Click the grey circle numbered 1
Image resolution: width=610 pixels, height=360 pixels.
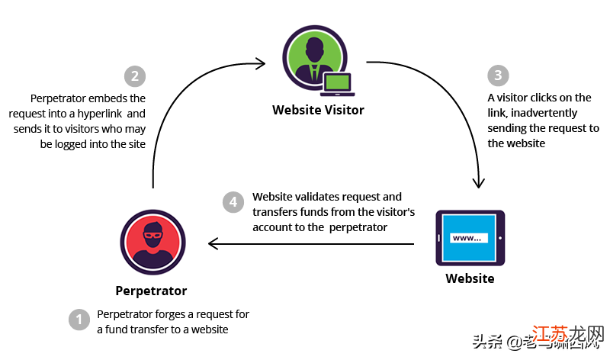[x=79, y=320]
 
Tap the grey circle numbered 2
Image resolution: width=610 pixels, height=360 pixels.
[x=135, y=76]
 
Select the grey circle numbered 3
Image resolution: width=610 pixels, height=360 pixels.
[x=498, y=75]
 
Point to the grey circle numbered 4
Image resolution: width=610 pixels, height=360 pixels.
[x=233, y=202]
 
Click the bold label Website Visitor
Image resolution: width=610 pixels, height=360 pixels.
[x=318, y=110]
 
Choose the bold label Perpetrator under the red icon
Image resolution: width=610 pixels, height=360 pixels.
[x=151, y=291]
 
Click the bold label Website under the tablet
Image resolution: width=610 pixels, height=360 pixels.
[x=470, y=278]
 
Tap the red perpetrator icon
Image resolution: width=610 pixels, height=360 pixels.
[x=153, y=243]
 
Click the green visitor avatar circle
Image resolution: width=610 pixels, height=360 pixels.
[x=315, y=58]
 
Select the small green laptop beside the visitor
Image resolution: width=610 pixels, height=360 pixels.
[x=337, y=85]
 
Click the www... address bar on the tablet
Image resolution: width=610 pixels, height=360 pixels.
[x=469, y=238]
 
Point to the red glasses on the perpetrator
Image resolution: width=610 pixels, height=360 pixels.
[x=153, y=235]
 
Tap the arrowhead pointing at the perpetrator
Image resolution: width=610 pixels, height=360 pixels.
[x=213, y=244]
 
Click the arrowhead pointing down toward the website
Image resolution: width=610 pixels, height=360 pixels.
[x=479, y=183]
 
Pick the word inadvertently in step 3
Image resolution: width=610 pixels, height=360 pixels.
[x=544, y=113]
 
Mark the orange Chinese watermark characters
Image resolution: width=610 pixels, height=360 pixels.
[x=567, y=336]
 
